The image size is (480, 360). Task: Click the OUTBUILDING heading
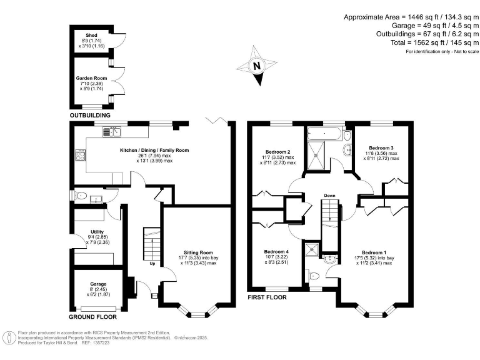90,116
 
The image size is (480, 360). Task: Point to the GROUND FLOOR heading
94,317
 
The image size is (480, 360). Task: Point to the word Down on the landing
330,196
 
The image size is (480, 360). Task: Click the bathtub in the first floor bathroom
324,133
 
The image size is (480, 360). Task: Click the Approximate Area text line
411,17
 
